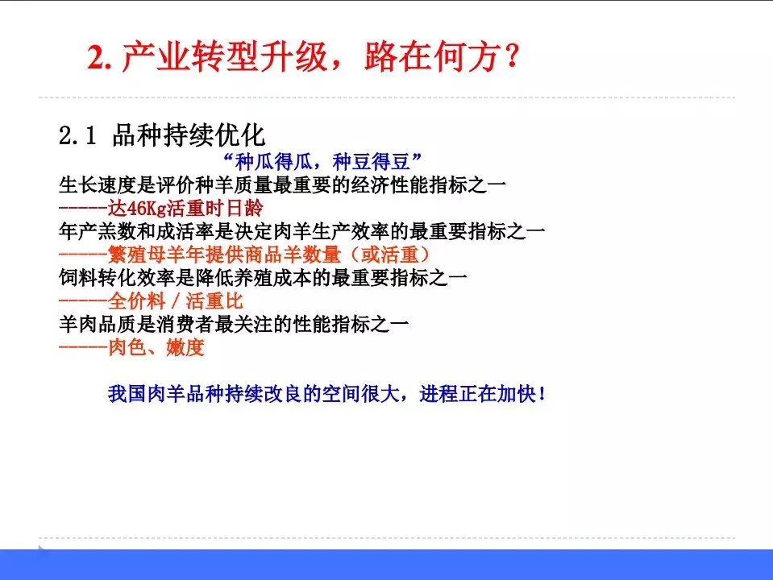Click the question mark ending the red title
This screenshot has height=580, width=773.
click(x=509, y=59)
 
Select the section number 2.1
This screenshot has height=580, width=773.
click(x=77, y=135)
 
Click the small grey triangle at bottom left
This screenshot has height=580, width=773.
click(x=42, y=549)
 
